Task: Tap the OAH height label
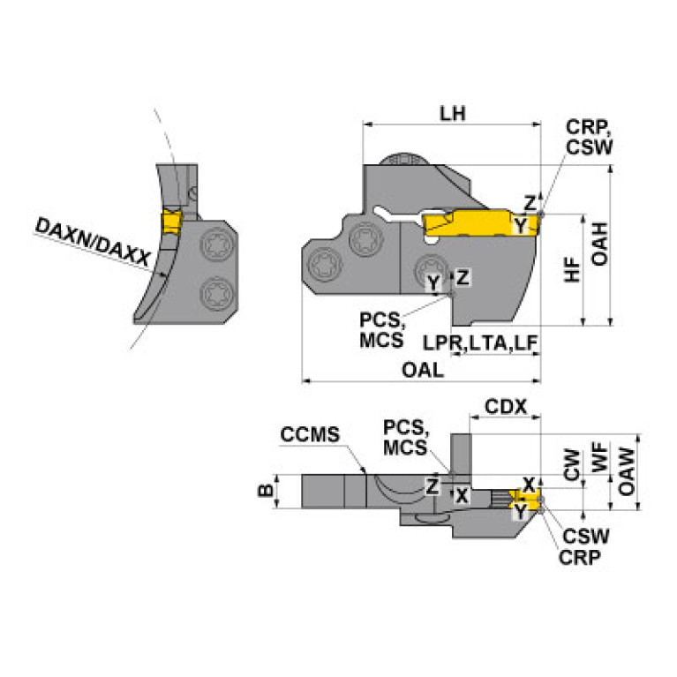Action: (x=599, y=244)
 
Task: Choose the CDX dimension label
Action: (x=506, y=407)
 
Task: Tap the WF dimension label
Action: (x=599, y=459)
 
